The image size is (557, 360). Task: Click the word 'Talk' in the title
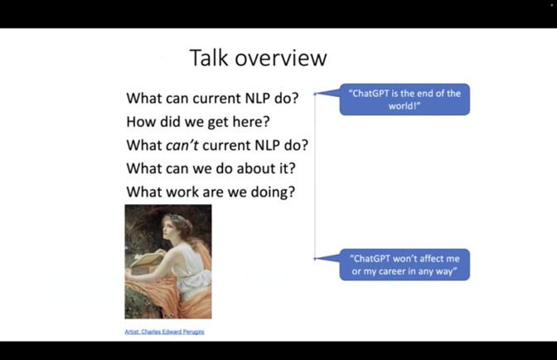(209, 57)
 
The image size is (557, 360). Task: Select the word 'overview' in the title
(281, 59)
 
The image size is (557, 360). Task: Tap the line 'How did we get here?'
(198, 122)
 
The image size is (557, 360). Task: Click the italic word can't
(182, 145)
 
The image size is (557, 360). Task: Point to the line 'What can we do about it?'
(211, 168)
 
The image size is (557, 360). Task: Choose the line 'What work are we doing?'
(211, 192)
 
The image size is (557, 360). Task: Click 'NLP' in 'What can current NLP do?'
(258, 98)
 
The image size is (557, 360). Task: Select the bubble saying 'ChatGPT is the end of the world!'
(404, 100)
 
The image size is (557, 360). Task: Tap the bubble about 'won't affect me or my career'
(404, 265)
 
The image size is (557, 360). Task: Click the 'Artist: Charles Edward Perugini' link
(164, 332)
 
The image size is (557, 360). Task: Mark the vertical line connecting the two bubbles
(315, 177)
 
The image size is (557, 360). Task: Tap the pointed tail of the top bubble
(315, 94)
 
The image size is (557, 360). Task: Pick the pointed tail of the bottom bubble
(315, 259)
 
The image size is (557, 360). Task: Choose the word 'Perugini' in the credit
(194, 332)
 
